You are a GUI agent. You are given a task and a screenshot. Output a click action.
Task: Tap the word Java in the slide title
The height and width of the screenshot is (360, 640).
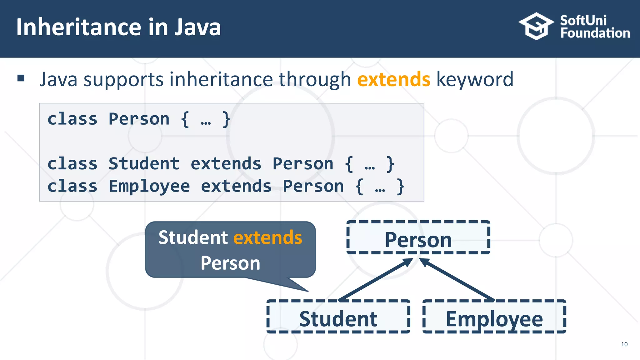point(197,27)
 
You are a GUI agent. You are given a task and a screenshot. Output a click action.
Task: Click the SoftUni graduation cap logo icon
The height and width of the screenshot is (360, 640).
point(536,26)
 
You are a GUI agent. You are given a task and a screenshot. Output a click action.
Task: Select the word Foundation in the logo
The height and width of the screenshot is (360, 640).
point(595,33)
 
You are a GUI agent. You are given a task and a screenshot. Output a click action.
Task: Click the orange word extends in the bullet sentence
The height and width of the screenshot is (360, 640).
point(393,79)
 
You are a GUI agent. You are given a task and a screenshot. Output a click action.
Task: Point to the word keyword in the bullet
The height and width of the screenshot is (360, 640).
point(475,79)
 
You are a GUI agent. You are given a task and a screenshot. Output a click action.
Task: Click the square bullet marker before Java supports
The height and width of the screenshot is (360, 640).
point(21,78)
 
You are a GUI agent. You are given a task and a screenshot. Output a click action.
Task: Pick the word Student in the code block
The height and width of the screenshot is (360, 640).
point(144,164)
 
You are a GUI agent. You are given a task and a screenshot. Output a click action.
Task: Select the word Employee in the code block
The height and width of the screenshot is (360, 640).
point(149,186)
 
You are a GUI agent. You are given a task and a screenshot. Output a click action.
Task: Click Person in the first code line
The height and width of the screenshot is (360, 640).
point(139,119)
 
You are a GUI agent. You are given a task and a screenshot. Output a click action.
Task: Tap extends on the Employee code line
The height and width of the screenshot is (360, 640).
point(236,186)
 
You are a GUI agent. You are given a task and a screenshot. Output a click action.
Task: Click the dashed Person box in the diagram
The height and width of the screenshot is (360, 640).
point(418,237)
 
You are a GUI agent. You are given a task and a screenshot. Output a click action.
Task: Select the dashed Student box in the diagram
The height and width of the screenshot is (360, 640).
point(338,317)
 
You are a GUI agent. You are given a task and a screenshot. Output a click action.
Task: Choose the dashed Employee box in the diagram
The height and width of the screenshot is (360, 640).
point(494,317)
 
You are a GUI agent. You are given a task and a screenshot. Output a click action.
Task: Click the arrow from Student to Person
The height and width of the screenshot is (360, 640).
point(375,279)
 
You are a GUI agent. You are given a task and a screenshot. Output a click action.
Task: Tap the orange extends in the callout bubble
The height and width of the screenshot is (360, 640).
point(267,237)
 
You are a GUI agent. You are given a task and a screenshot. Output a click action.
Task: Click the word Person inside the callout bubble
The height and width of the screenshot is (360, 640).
point(230,263)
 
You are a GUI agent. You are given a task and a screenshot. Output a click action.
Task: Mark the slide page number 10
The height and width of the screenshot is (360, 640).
point(624,344)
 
